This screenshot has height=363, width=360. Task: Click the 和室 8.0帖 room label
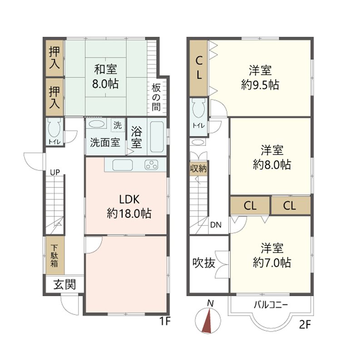click(105, 76)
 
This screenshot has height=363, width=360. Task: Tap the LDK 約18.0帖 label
click(129, 206)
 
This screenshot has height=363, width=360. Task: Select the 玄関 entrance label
click(64, 285)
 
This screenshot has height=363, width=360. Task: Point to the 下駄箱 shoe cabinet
click(54, 255)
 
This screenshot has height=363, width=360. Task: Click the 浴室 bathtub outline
click(157, 137)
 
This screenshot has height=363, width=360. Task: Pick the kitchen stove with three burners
click(151, 165)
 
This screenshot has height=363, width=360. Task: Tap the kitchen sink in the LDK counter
click(123, 165)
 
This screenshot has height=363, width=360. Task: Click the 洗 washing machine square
click(118, 125)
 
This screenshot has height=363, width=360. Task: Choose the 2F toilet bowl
click(199, 108)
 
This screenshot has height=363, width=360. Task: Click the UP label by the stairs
click(55, 172)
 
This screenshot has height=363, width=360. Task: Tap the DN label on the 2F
click(216, 225)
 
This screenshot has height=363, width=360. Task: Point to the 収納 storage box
click(198, 168)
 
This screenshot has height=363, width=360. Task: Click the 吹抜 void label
click(204, 263)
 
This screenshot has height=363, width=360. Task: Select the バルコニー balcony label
click(271, 304)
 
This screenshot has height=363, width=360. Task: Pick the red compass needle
click(208, 321)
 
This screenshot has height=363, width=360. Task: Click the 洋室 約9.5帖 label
click(260, 77)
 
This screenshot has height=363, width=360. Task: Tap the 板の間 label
click(156, 98)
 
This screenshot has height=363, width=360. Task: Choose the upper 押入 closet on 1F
click(54, 58)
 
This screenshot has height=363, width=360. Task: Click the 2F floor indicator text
click(305, 324)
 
